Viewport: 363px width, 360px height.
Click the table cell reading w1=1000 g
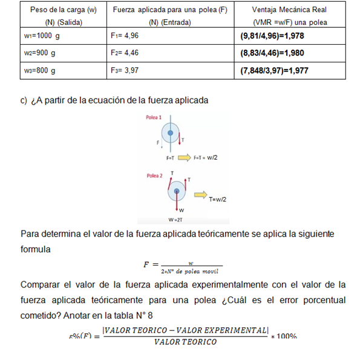pyautogui.click(x=42, y=36)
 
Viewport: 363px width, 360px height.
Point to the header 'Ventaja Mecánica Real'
pyautogui.click(x=290, y=10)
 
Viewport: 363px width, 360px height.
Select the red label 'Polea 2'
pyautogui.click(x=154, y=175)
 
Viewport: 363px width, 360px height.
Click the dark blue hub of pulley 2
pyautogui.click(x=176, y=193)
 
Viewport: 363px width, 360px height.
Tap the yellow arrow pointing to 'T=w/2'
pyautogui.click(x=200, y=196)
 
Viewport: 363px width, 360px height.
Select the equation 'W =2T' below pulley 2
pyautogui.click(x=175, y=219)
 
